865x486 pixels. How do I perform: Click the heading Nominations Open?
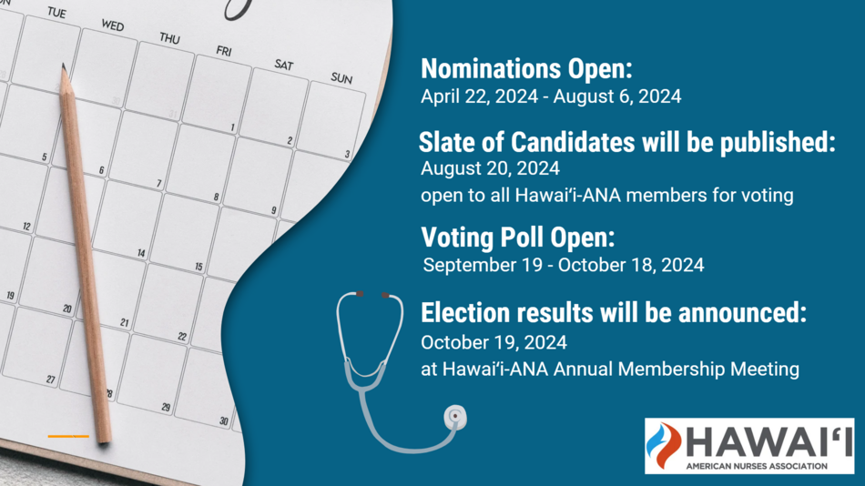click(x=526, y=69)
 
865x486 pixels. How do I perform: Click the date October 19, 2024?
click(x=494, y=342)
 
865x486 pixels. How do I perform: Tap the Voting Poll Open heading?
click(x=517, y=238)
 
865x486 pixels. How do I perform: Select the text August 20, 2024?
click(x=490, y=168)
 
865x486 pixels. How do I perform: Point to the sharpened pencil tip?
click(x=64, y=66)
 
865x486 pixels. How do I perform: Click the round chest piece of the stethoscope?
click(x=455, y=418)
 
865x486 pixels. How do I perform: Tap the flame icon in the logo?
click(x=663, y=446)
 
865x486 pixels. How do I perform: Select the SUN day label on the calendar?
click(x=341, y=78)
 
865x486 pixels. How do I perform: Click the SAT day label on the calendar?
click(x=284, y=66)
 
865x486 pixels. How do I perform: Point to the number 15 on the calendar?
click(x=198, y=267)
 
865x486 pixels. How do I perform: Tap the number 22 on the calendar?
click(x=182, y=336)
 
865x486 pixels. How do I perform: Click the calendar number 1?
click(x=233, y=128)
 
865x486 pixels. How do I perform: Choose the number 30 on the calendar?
click(x=223, y=421)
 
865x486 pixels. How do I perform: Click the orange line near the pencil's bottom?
click(x=68, y=436)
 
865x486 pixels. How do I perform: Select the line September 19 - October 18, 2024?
click(x=564, y=265)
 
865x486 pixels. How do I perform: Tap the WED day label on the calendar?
click(x=113, y=25)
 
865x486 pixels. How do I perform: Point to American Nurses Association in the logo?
click(x=757, y=466)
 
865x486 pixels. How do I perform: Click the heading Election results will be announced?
click(x=614, y=313)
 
